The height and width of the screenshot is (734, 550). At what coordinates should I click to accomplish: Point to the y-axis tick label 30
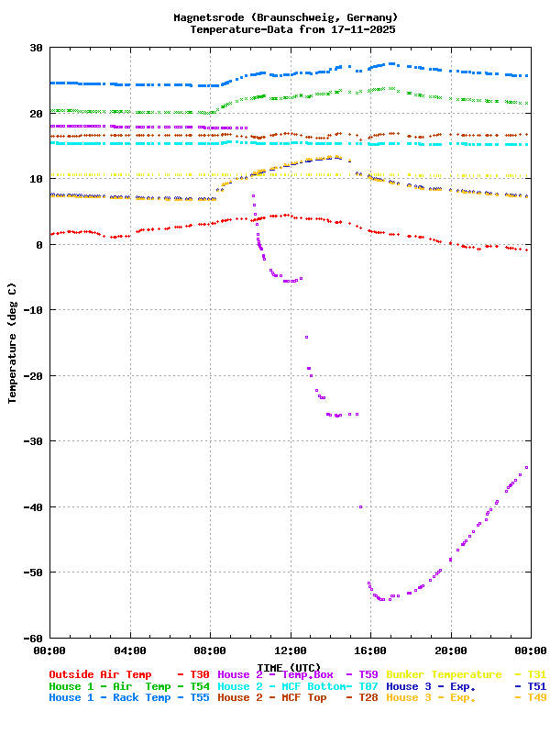point(37,48)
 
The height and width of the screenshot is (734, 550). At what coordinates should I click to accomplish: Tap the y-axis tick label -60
point(33,638)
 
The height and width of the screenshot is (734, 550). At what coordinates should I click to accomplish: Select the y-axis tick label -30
point(33,441)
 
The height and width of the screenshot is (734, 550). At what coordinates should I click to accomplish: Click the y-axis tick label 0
point(40,245)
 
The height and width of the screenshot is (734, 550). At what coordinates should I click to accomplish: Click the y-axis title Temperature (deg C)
point(13,343)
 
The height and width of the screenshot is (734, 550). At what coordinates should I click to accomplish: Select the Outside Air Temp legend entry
point(100,674)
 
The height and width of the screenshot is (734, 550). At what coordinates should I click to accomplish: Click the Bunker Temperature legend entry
point(444,674)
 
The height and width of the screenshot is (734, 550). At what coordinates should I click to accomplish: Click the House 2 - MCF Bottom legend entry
point(284,686)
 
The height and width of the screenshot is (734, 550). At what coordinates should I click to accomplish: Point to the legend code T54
point(199,686)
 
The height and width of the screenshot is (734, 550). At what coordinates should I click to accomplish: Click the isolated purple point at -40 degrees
point(360,506)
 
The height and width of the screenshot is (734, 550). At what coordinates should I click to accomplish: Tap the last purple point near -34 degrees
point(526,468)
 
